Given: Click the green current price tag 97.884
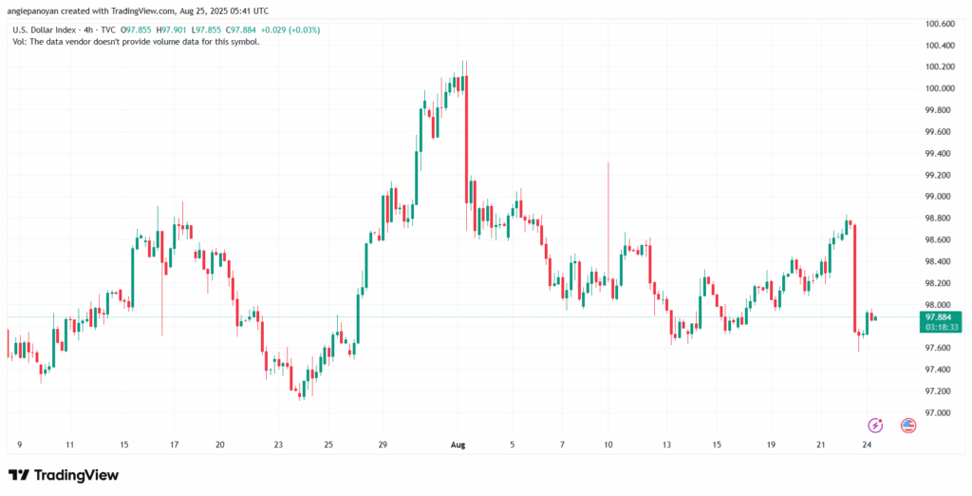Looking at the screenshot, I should (x=940, y=316).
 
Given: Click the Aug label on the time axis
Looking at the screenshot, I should (x=457, y=443).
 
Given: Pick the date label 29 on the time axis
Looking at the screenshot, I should (x=383, y=443).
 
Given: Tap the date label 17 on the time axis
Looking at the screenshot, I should (x=175, y=443).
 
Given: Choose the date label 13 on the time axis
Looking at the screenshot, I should (x=667, y=443).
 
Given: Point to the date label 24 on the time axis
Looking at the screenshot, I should (x=867, y=443).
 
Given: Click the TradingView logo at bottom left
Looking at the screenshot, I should (x=64, y=474).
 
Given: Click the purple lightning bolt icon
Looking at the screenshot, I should (x=876, y=425).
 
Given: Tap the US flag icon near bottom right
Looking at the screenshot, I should (x=907, y=425).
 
